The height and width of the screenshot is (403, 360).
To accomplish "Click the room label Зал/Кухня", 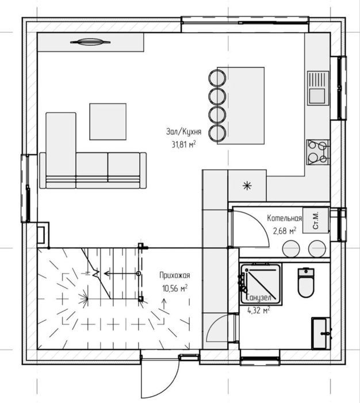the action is coord(183,132).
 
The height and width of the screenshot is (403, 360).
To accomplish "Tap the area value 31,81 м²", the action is coord(183,145).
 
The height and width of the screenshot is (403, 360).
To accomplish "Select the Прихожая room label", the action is coord(175,275).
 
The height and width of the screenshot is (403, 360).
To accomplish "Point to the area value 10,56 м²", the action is coord(175,288).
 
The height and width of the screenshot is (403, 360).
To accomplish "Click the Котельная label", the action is coord(285,218).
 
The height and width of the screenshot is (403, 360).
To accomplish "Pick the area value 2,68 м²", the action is coord(285,231).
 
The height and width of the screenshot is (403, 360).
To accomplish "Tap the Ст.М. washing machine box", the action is coord(316,220).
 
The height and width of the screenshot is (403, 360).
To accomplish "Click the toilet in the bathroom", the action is coord(306,283).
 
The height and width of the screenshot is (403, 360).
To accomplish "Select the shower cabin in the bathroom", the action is coord(261,284).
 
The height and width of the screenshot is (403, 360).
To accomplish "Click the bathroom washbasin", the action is coord(321,333).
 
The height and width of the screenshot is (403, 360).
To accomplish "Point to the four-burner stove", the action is coord(318,153).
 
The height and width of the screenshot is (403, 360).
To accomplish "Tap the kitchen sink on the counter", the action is coord(318,88).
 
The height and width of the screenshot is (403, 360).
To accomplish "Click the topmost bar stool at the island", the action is coord(217,78).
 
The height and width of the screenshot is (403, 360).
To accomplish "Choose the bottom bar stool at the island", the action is coord(217,134).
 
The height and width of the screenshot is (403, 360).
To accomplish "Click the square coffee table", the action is coord(108,121).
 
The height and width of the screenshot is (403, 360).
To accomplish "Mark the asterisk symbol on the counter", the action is coord(247,185).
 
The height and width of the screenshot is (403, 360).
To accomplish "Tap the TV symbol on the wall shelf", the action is coord(90,42).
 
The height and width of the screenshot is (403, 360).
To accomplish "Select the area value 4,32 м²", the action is coord(259,310).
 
